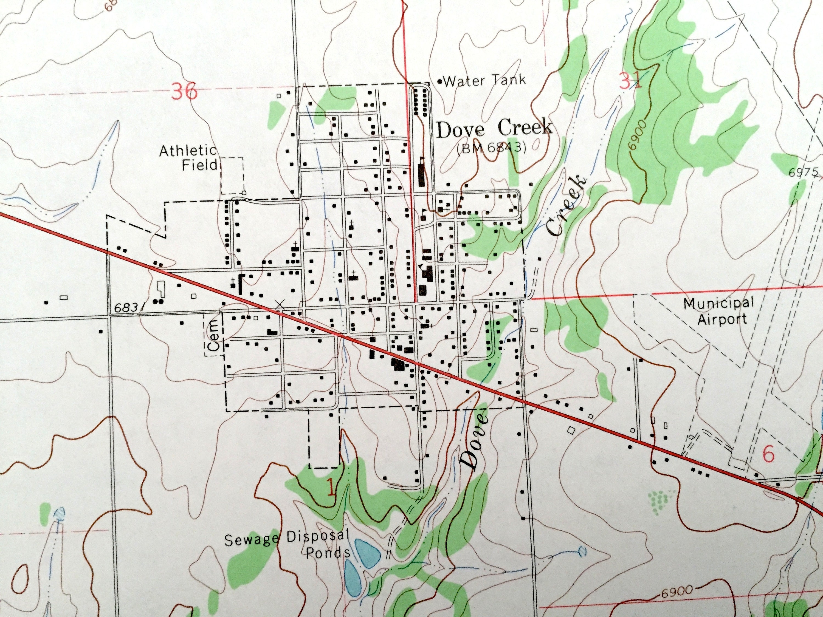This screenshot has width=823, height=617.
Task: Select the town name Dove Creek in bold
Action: pos(494,129)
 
